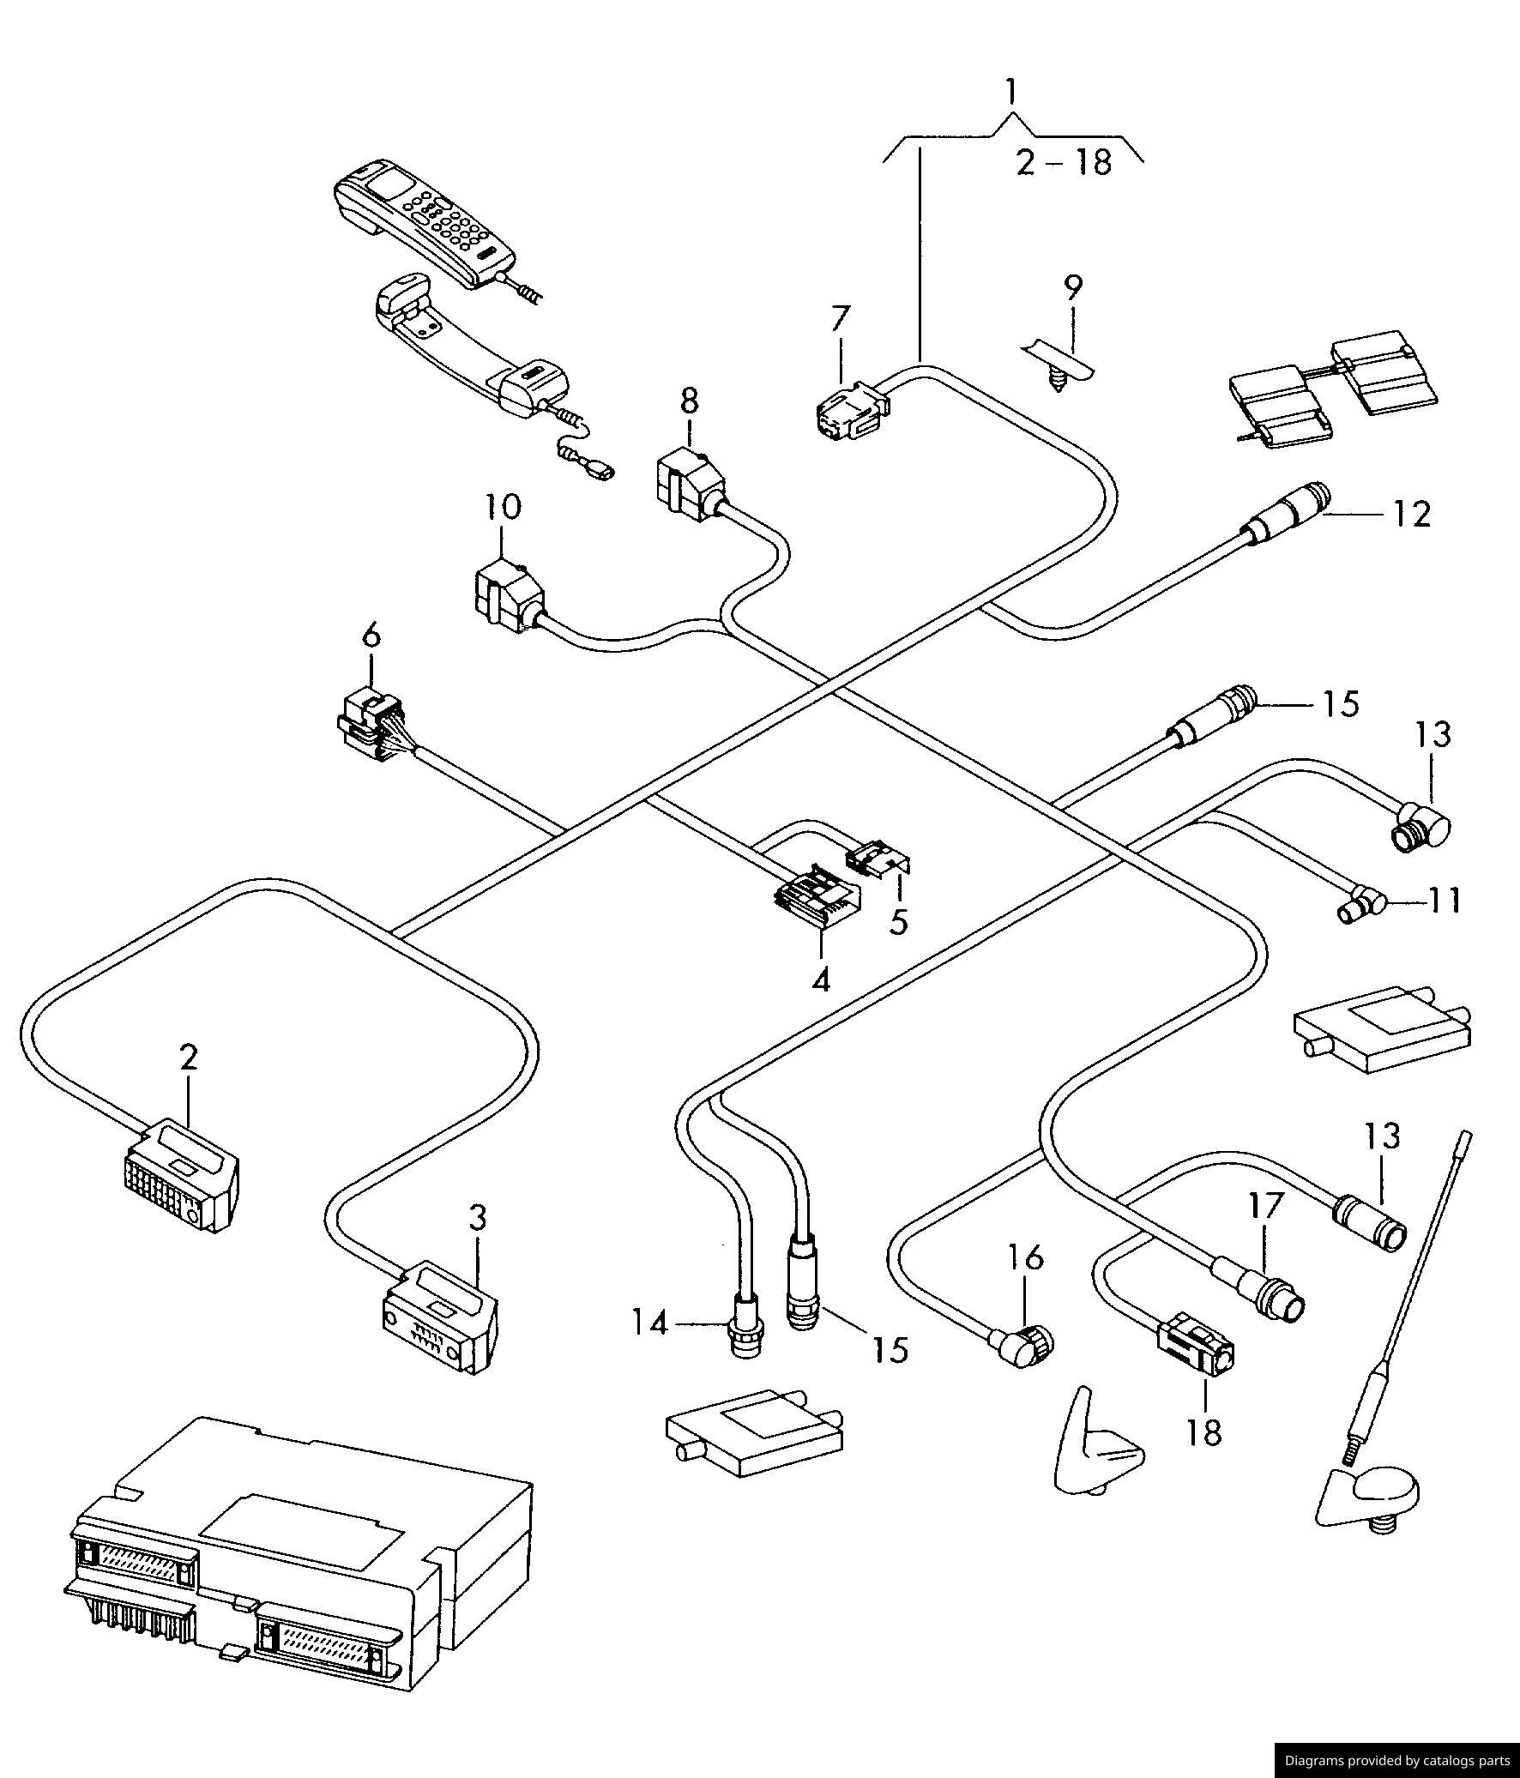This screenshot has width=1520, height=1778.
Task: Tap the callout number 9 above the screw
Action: point(1073,288)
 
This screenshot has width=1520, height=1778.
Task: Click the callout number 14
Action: point(649,1324)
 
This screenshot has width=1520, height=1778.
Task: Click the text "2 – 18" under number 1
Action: point(1064,162)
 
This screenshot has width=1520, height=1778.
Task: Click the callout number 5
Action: point(898,924)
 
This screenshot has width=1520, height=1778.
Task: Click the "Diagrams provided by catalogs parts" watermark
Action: point(1396,1762)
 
